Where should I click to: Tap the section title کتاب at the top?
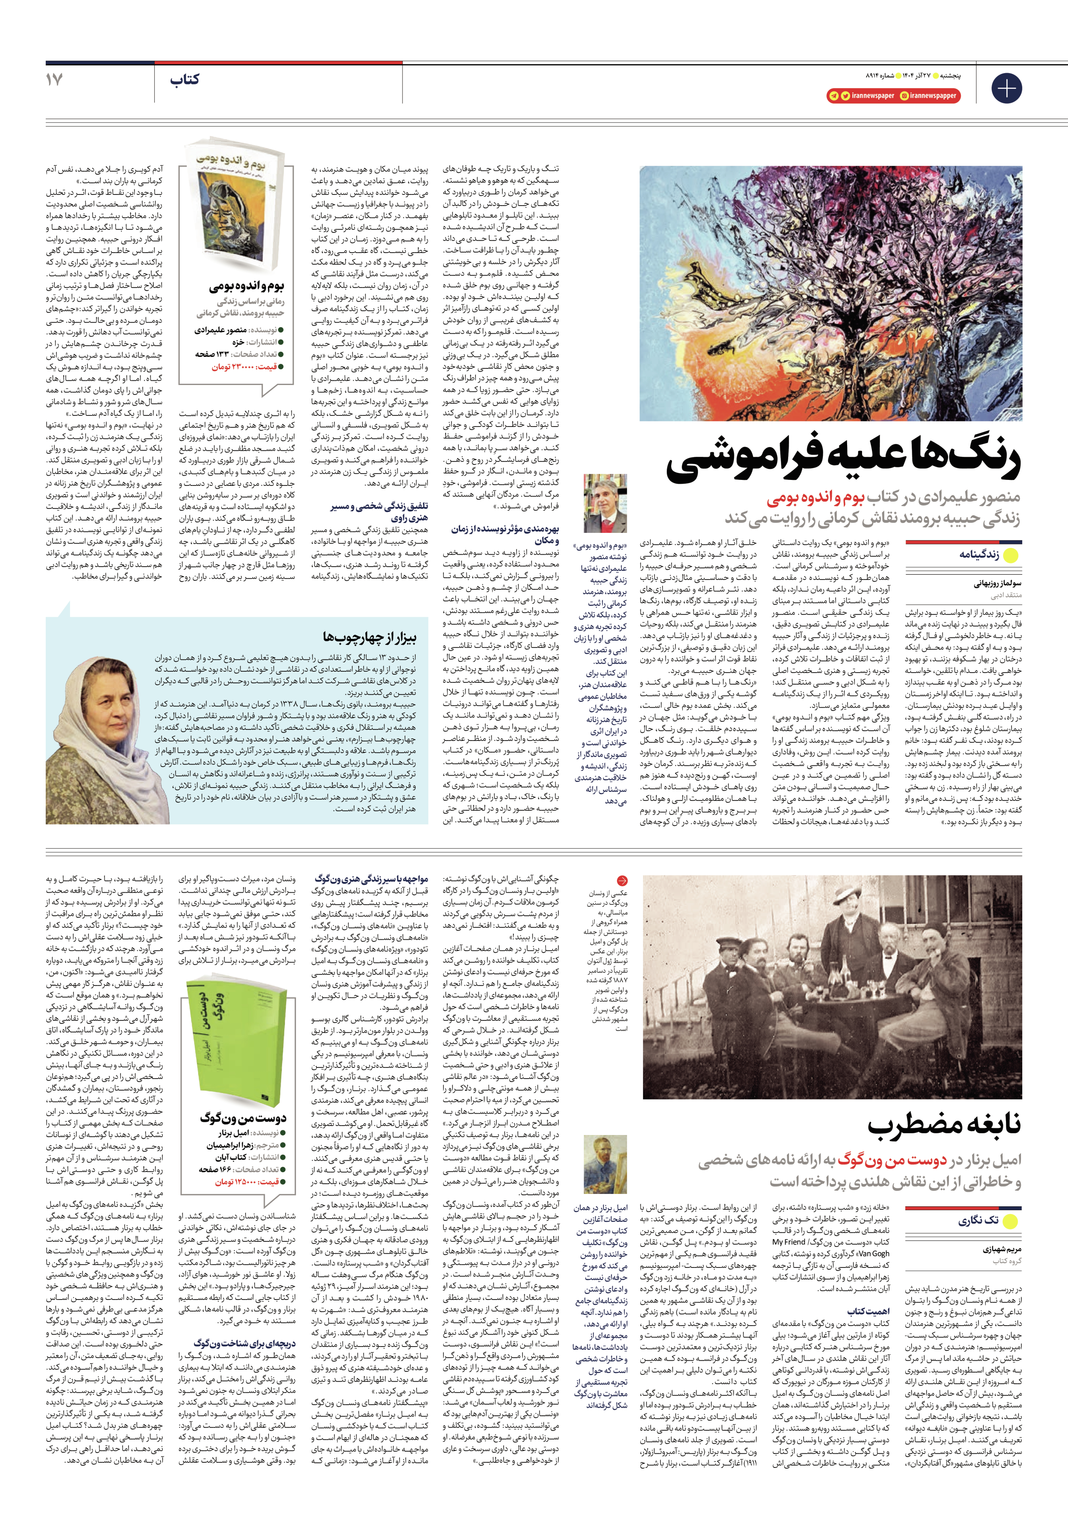coord(184,80)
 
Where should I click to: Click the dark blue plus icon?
coord(1006,88)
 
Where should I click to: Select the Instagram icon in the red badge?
coord(904,96)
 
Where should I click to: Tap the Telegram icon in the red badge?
coord(833,96)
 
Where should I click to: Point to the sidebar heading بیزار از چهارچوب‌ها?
coord(370,638)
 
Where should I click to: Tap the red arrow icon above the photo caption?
coord(622,881)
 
